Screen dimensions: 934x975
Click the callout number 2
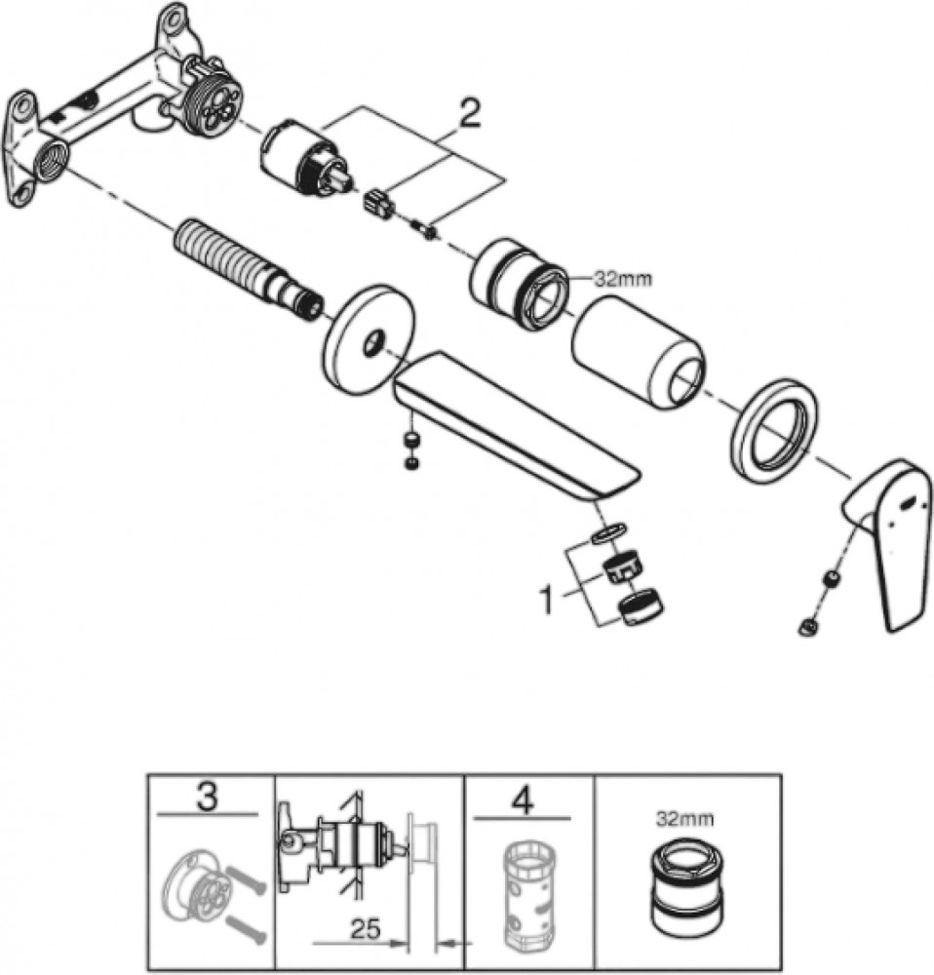(x=469, y=115)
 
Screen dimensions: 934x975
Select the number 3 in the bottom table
(x=207, y=798)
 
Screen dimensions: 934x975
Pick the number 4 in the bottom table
(x=523, y=802)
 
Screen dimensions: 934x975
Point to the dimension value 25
(x=366, y=929)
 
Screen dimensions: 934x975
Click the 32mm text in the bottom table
(x=684, y=819)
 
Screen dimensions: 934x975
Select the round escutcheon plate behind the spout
(x=369, y=339)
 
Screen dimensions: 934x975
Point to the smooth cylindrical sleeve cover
(x=640, y=351)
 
